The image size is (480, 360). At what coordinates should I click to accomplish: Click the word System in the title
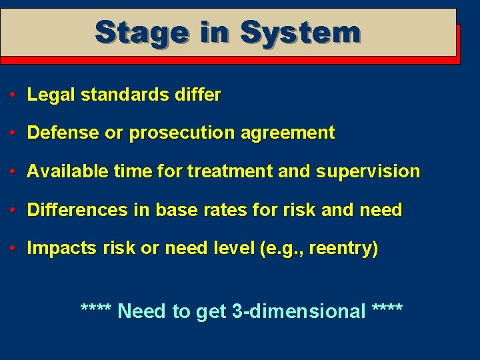pyautogui.click(x=300, y=32)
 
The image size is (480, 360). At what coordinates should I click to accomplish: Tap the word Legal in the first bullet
pyautogui.click(x=51, y=95)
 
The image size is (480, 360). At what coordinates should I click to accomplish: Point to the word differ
pyautogui.click(x=199, y=95)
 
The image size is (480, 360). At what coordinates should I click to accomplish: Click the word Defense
pyautogui.click(x=63, y=133)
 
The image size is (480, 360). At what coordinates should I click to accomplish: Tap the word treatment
pyautogui.click(x=230, y=171)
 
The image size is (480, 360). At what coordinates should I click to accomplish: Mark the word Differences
pyautogui.click(x=77, y=210)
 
